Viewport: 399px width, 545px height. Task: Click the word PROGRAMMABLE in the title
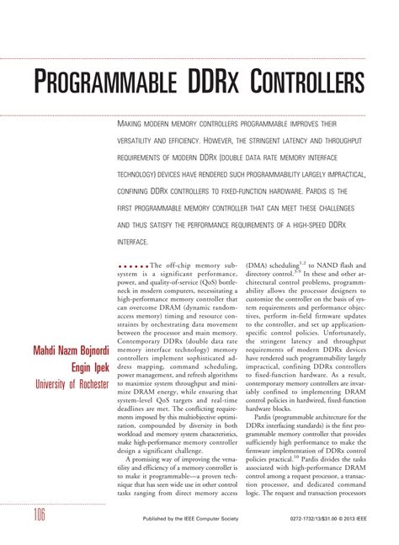pyautogui.click(x=100, y=84)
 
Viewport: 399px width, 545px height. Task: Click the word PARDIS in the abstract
pyautogui.click(x=326, y=190)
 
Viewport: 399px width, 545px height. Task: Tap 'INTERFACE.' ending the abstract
pyautogui.click(x=135, y=242)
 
